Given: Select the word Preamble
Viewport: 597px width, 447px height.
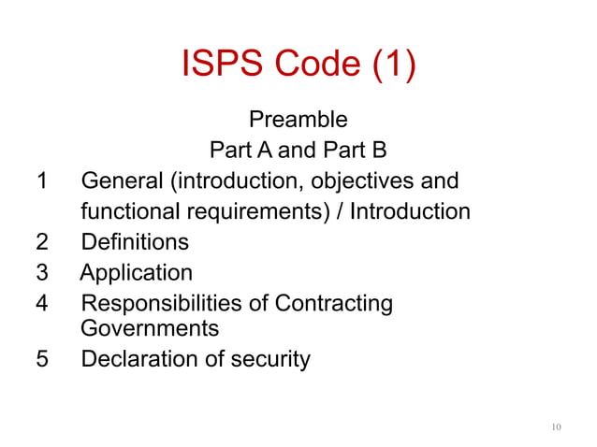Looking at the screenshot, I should point(298,120).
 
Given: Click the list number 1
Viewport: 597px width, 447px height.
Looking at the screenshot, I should point(40,180).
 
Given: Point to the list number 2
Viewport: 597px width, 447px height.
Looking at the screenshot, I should point(40,242).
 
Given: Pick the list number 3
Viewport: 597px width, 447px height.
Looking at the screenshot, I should point(40,273).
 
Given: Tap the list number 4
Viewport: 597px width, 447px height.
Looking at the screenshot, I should point(40,304).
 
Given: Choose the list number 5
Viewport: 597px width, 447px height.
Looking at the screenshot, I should point(40,359).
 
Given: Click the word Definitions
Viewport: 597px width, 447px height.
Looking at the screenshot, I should point(135,242).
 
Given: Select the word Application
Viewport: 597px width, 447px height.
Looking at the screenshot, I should point(137,273).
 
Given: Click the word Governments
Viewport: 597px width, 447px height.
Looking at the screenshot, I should point(150,328).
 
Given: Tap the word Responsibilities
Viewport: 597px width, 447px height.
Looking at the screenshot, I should point(162,304).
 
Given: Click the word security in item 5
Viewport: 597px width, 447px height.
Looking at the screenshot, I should point(270,359).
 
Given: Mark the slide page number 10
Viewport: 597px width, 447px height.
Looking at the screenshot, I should point(556,427).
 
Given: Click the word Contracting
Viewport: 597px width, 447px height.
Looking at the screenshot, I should point(333,304).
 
